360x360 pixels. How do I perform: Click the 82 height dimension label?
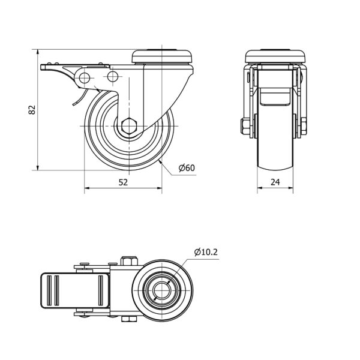32,110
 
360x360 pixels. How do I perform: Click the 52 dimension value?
123,182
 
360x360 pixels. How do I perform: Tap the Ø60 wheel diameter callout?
187,168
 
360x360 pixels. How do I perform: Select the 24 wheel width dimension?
275,182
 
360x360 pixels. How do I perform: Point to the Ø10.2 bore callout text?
206,252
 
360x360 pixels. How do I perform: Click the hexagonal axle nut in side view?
129,126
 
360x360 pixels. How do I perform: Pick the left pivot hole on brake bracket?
85,78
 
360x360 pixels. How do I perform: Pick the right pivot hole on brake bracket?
113,76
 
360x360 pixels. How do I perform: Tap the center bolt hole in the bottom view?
161,291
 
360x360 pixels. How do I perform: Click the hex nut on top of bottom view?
129,261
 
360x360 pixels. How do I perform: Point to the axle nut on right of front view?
304,127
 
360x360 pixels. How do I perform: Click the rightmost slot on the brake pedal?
100,290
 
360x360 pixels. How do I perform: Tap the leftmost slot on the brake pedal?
49,290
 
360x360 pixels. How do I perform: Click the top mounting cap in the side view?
162,56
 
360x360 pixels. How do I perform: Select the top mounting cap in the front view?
275,56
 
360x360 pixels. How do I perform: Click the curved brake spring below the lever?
80,97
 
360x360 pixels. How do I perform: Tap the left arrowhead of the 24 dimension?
260,188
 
